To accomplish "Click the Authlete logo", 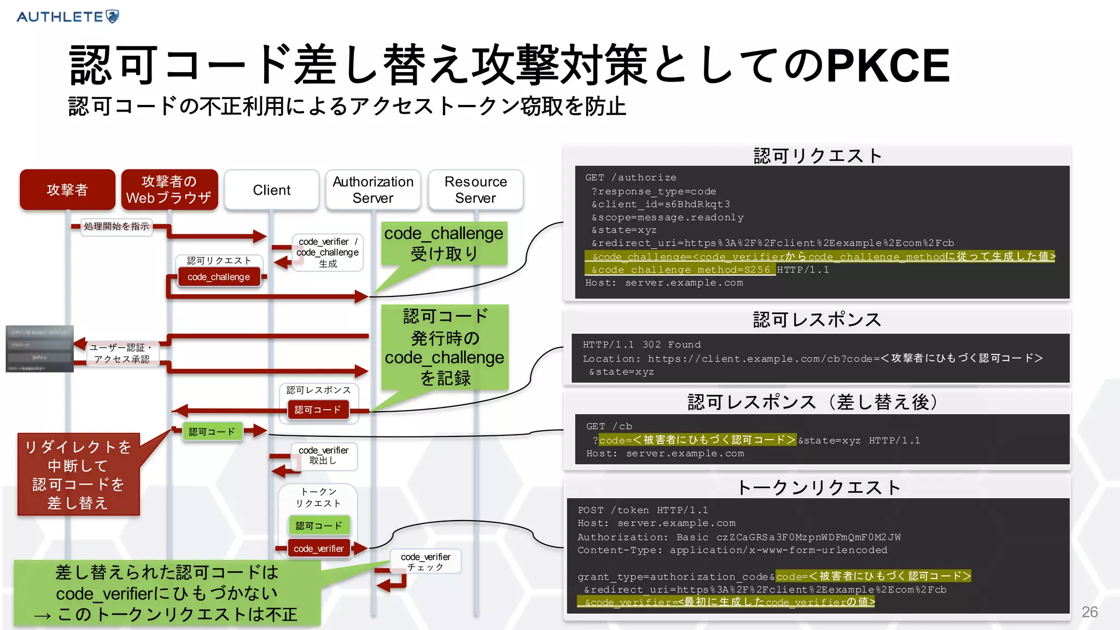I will [x=68, y=16].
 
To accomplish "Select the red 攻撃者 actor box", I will [x=67, y=190].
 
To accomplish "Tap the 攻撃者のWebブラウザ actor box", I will [x=170, y=190].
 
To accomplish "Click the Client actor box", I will [x=271, y=190].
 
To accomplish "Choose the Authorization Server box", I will [x=373, y=190].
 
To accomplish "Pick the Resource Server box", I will [x=475, y=190].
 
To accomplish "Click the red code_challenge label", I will [x=218, y=277].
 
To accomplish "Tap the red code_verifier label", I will [x=318, y=549].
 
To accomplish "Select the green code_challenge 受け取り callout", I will [x=444, y=243].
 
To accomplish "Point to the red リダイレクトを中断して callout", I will [x=78, y=474].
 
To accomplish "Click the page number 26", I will [x=1089, y=612].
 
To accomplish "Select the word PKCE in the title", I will [x=888, y=66].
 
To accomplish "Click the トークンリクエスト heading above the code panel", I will [x=817, y=487].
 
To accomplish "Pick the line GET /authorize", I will [x=630, y=178].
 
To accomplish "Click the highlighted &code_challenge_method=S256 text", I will [x=680, y=270].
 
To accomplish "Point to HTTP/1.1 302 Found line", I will [x=641, y=345].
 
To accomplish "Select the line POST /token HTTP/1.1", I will [x=643, y=510].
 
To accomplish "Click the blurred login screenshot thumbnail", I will [x=39, y=349].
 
